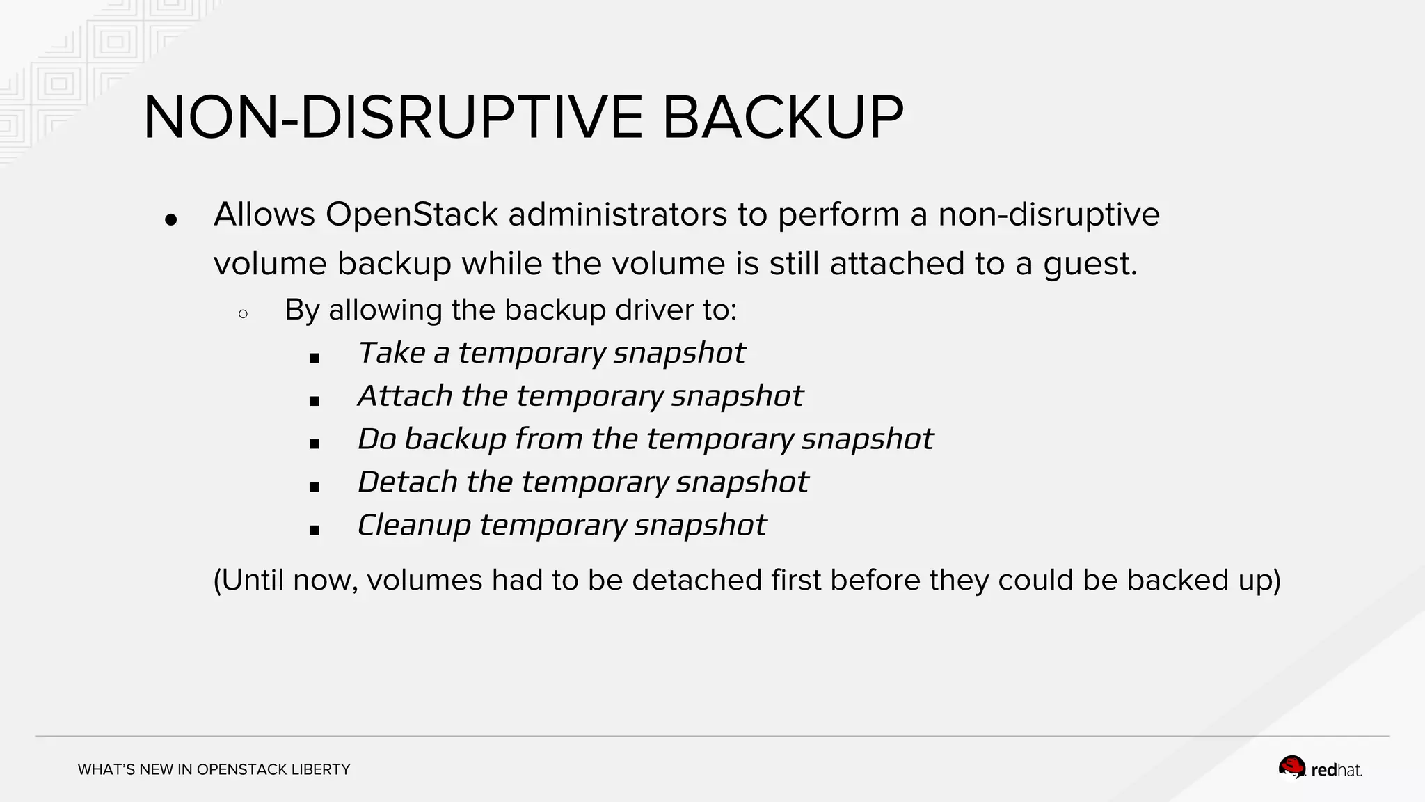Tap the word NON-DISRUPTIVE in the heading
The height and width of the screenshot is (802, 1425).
393,118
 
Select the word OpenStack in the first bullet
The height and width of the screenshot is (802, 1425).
411,214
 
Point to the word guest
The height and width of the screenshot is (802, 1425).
1090,264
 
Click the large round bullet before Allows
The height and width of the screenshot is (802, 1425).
171,220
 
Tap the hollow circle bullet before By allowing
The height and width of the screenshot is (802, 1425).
243,314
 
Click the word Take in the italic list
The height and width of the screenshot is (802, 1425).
391,353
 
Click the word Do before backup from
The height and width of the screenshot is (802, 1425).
376,439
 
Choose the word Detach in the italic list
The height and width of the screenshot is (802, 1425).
407,482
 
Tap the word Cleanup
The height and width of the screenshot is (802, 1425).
414,526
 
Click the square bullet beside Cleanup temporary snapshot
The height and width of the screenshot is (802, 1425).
315,530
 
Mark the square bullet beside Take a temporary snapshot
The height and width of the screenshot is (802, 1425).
315,359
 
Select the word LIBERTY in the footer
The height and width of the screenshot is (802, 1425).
321,769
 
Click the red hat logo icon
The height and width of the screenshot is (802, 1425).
1292,769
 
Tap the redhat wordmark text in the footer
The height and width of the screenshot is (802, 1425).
1337,771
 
